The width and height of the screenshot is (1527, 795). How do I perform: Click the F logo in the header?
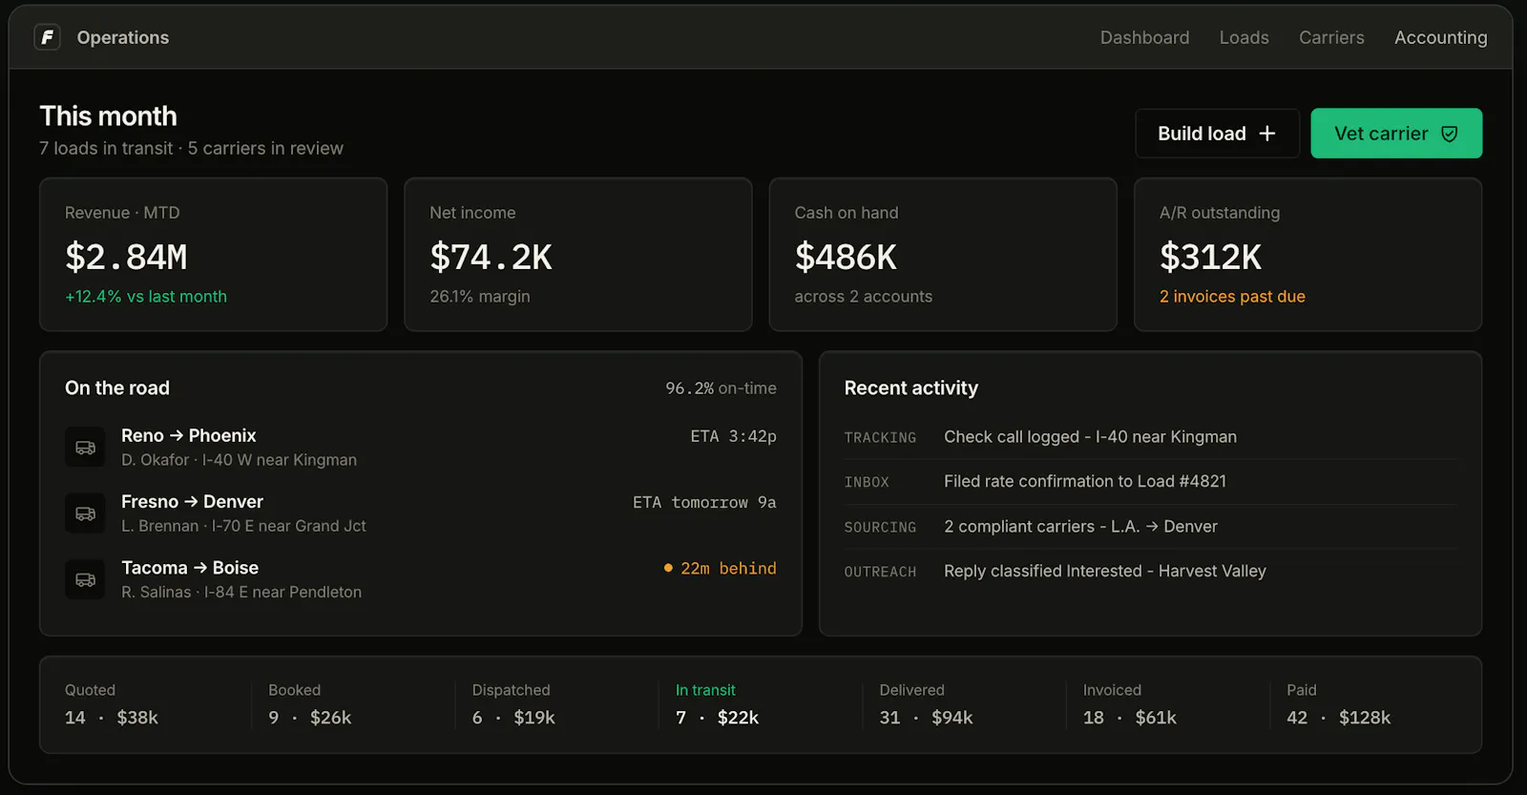pyautogui.click(x=47, y=37)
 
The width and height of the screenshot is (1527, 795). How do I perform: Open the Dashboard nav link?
pyautogui.click(x=1144, y=37)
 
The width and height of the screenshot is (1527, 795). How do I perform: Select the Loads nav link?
pyautogui.click(x=1245, y=37)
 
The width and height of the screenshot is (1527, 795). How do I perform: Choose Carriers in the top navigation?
pyautogui.click(x=1331, y=37)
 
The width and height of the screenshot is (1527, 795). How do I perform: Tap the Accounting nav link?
pyautogui.click(x=1440, y=37)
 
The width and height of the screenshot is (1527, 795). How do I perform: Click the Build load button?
pyautogui.click(x=1218, y=134)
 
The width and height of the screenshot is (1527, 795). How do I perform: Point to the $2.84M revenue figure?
pyautogui.click(x=126, y=257)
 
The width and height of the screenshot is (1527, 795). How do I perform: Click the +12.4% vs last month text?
pyautogui.click(x=146, y=297)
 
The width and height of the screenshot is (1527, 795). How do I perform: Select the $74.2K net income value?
pyautogui.click(x=491, y=257)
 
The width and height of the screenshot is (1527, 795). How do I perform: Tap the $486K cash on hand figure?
pyautogui.click(x=846, y=257)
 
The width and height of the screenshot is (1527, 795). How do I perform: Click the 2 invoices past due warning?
pyautogui.click(x=1232, y=297)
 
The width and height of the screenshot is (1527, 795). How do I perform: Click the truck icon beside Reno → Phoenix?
pyautogui.click(x=85, y=448)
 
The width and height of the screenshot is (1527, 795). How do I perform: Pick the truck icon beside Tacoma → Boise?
pyautogui.click(x=85, y=579)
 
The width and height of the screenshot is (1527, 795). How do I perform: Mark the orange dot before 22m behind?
pyautogui.click(x=668, y=568)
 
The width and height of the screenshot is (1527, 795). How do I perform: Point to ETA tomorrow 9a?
pyautogui.click(x=704, y=503)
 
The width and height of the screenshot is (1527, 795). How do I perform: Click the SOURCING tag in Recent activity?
pyautogui.click(x=880, y=527)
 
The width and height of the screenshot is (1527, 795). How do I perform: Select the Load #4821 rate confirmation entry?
pyautogui.click(x=1084, y=481)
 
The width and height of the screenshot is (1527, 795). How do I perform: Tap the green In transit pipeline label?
pyautogui.click(x=705, y=690)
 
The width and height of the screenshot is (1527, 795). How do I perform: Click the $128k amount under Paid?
pyautogui.click(x=1365, y=718)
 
